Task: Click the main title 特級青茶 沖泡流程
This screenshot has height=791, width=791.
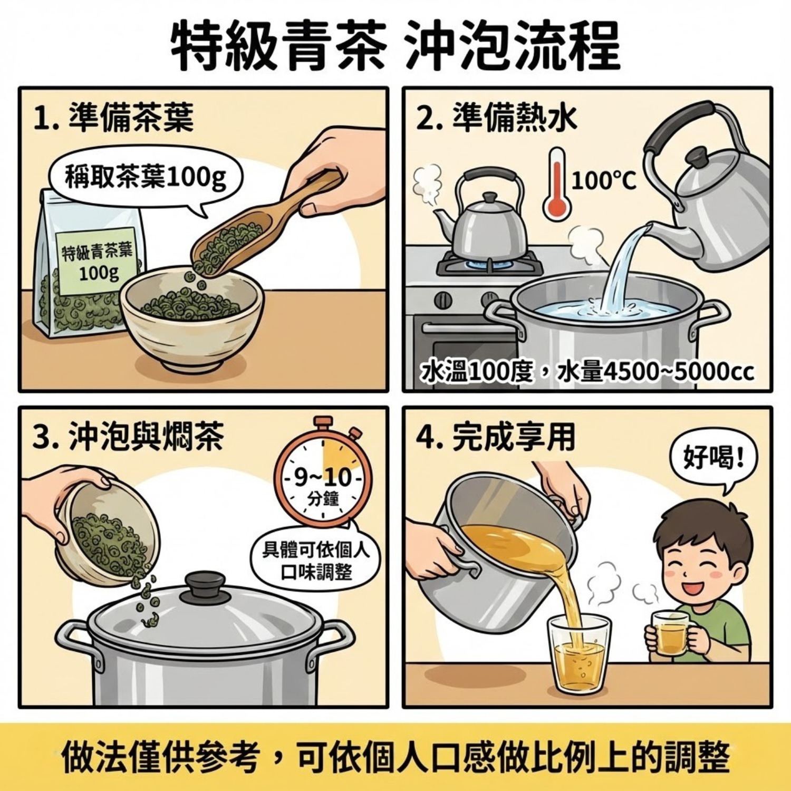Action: coord(395,46)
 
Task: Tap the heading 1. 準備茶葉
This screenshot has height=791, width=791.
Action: coord(113,117)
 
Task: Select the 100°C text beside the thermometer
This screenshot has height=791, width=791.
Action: coord(603,181)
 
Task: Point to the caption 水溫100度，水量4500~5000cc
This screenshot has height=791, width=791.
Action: coord(587,372)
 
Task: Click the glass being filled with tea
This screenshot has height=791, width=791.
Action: coord(579,654)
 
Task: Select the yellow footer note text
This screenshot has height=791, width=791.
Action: coord(395,758)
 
